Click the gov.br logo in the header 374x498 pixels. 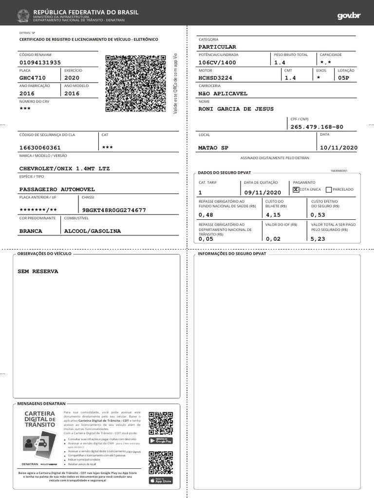tap(349, 16)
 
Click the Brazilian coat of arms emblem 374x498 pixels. tap(23, 16)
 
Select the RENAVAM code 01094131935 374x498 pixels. tap(40, 63)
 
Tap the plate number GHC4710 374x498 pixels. tap(33, 78)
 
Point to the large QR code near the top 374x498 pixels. tap(136, 84)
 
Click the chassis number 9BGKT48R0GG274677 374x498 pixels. tap(114, 210)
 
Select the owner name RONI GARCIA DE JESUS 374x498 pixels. tap(236, 109)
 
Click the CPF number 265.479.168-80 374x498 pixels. tap(317, 127)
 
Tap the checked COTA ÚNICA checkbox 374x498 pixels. tap(296, 189)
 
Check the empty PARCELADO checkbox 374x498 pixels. tap(329, 189)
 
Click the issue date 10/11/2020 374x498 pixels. tap(338, 148)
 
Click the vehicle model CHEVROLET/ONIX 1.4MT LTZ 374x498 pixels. tap(65, 168)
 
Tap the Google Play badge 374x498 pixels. tap(161, 441)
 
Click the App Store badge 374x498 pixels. tap(161, 480)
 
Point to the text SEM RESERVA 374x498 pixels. tap(38, 271)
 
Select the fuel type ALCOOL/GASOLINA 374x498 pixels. tap(93, 231)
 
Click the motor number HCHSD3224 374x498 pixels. tap(215, 78)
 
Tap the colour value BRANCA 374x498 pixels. tap(31, 231)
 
